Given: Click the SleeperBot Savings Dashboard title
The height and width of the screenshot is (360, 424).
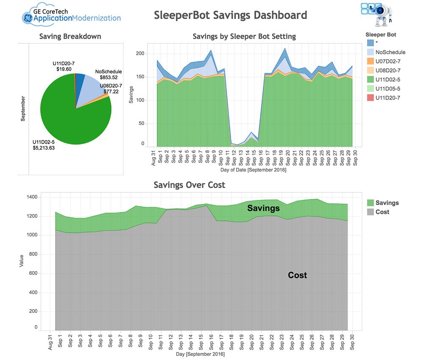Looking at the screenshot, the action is click(x=230, y=15).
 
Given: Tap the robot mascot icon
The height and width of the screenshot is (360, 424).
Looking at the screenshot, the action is click(x=377, y=14).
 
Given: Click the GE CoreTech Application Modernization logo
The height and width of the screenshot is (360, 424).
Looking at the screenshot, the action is click(x=71, y=15).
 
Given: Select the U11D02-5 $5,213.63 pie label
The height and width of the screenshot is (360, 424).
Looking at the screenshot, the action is click(x=44, y=145).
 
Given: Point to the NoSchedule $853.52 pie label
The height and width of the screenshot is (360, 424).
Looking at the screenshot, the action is click(x=109, y=75).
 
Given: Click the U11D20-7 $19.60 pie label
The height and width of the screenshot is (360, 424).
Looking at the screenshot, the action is click(x=64, y=66).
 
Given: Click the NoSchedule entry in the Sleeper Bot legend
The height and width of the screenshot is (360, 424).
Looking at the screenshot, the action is click(x=386, y=52).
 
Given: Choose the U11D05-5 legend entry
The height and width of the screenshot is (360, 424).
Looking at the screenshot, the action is click(x=383, y=89).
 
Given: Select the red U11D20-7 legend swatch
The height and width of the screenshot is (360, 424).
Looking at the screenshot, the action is click(x=370, y=98).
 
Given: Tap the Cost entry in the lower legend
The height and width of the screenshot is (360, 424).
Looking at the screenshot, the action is click(x=378, y=212).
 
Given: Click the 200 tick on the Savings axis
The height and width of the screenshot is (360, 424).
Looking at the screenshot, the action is click(x=140, y=53).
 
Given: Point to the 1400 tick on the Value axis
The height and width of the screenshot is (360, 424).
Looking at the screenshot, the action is click(x=32, y=197).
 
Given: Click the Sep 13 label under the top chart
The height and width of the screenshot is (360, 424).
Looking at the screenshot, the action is click(x=241, y=157).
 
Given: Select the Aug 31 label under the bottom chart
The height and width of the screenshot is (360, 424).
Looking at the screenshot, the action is click(x=50, y=343).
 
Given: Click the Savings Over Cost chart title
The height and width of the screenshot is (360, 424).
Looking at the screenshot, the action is click(x=189, y=185).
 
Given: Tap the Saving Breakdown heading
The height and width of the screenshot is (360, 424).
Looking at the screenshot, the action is click(x=70, y=36).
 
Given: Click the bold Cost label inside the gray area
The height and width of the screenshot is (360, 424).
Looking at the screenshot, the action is click(x=297, y=275).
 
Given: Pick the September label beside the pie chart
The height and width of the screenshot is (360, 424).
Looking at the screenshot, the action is click(x=23, y=108).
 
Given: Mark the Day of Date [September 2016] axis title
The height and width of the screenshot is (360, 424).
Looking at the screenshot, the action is click(x=253, y=170).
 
